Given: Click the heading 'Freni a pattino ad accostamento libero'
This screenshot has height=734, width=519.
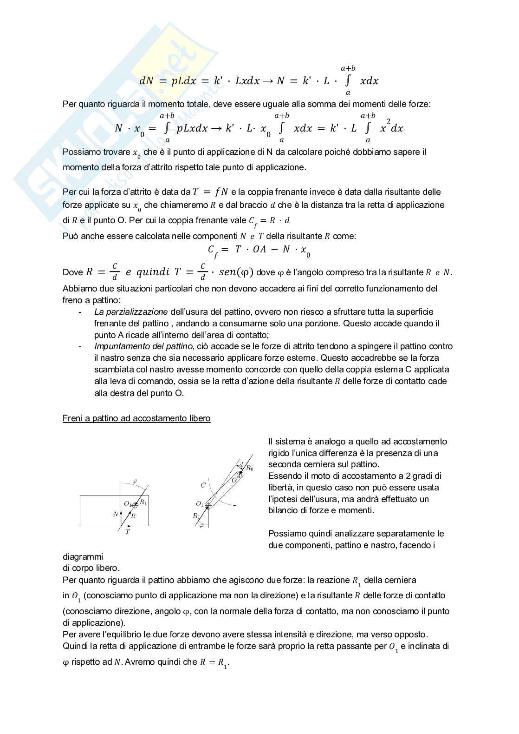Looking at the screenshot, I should [x=136, y=418].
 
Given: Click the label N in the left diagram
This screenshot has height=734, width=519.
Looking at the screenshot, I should [x=116, y=514].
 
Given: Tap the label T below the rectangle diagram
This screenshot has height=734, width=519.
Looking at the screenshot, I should [x=128, y=531].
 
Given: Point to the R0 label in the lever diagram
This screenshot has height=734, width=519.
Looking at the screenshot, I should [x=249, y=468].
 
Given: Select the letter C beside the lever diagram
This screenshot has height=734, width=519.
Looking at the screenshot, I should [x=203, y=485].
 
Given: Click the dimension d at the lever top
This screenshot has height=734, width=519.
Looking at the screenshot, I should [x=241, y=464].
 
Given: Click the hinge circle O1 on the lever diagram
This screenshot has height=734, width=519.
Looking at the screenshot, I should [x=208, y=505].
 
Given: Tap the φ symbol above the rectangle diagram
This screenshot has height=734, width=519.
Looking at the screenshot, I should [x=135, y=482].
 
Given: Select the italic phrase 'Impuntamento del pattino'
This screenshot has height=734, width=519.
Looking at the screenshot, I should [x=143, y=346].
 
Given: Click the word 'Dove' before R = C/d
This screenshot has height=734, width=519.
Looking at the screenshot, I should [x=72, y=273].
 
